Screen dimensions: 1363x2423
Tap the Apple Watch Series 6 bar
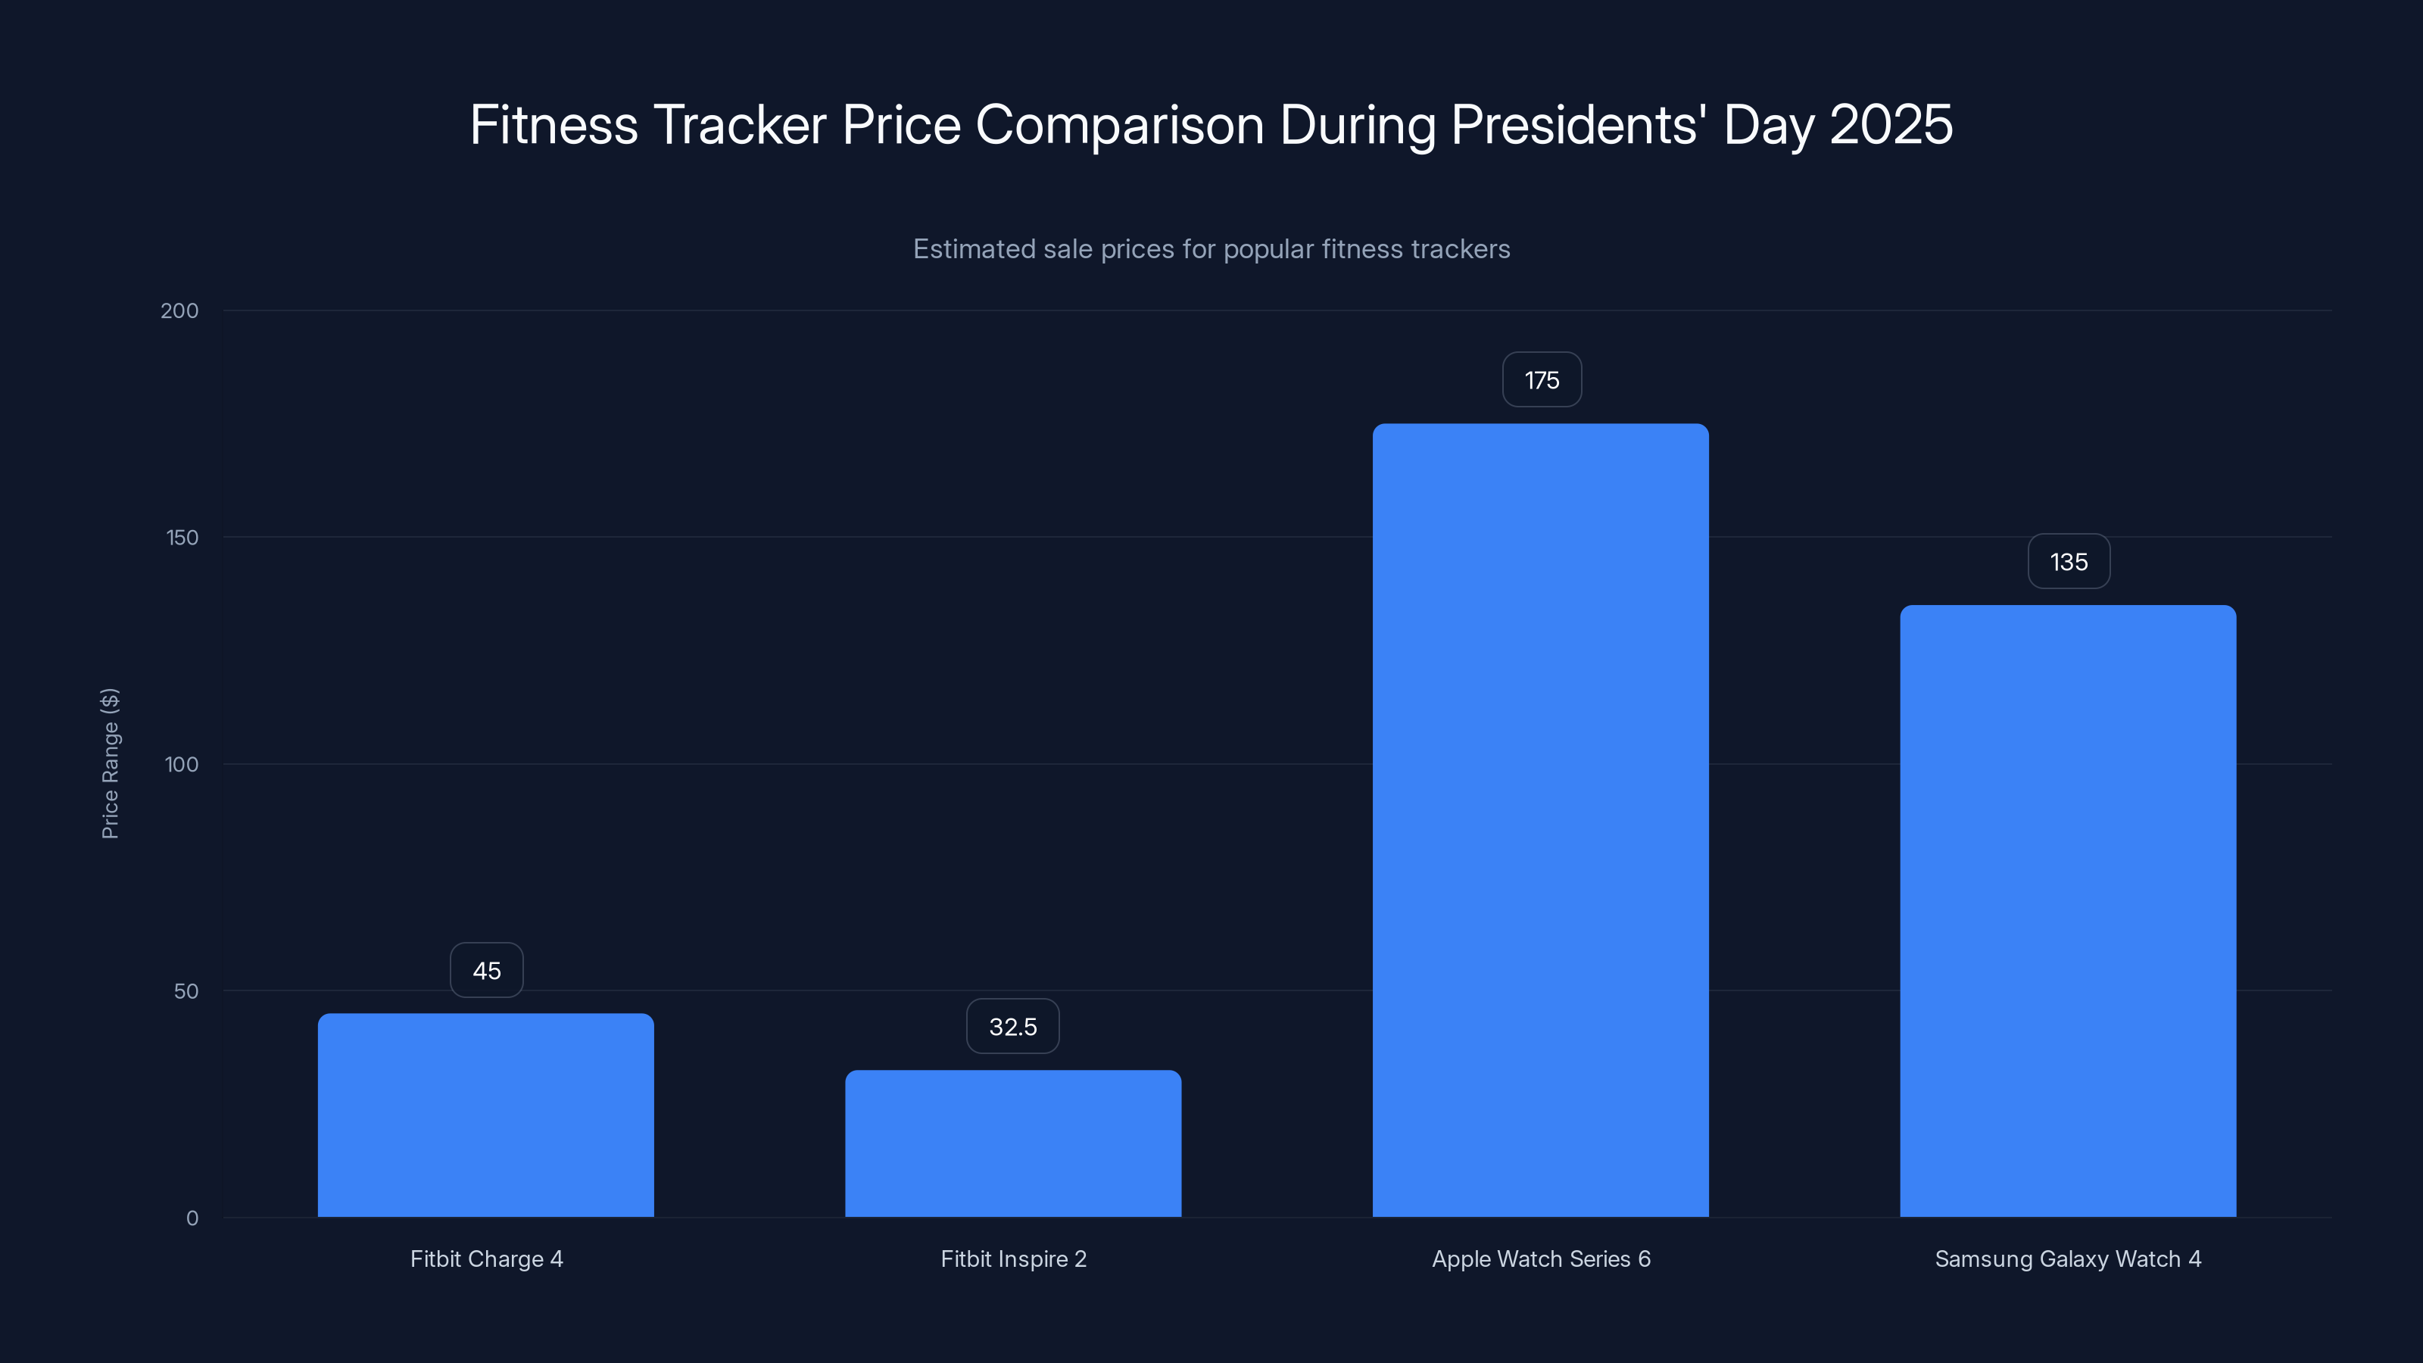click(x=1541, y=820)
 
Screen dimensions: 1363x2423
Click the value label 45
click(x=486, y=971)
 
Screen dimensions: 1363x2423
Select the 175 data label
click(x=1542, y=380)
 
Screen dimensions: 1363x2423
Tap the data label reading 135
click(x=2069, y=562)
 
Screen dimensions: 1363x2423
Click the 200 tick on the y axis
click(x=179, y=310)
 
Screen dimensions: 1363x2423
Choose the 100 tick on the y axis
click(x=182, y=764)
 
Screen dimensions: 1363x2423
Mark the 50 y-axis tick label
click(x=186, y=990)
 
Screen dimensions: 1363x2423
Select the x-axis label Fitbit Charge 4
click(x=486, y=1259)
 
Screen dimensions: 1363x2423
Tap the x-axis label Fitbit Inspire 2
click(x=1013, y=1259)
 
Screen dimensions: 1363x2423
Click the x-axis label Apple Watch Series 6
click(x=1541, y=1259)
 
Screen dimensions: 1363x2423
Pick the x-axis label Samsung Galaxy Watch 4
click(x=2067, y=1259)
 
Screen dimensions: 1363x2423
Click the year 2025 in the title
click(x=1891, y=125)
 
